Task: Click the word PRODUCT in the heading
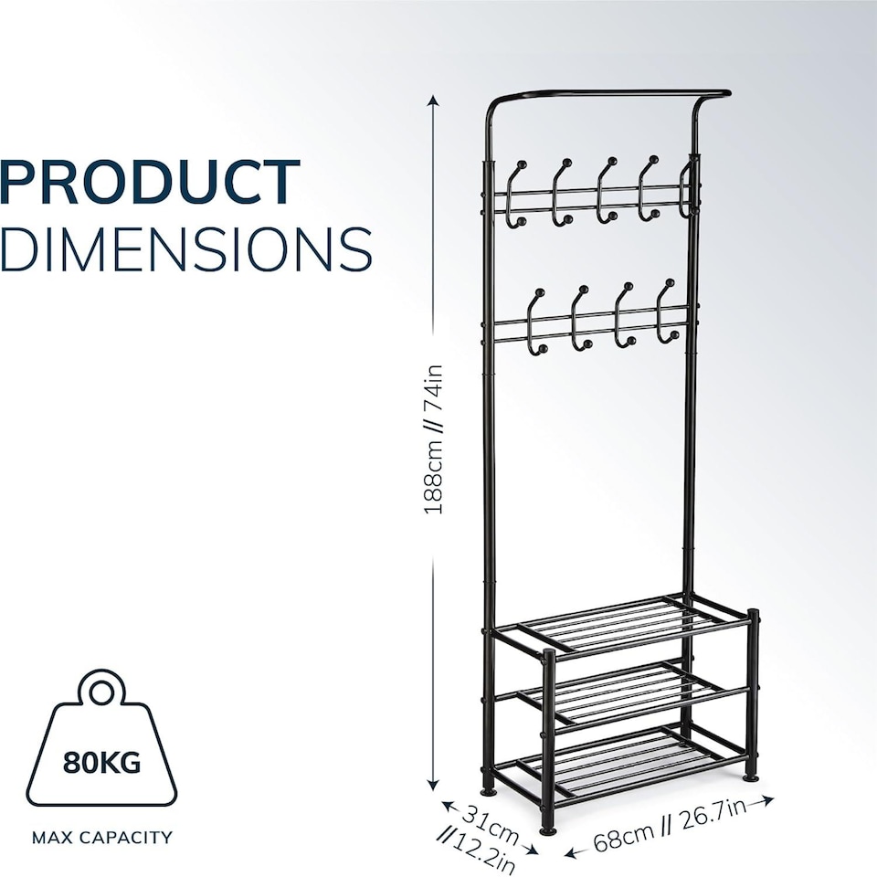[x=151, y=182]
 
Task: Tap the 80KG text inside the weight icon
[x=102, y=761]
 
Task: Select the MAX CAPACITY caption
[x=101, y=837]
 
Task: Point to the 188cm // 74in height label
[x=433, y=438]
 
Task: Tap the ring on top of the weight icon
[x=102, y=687]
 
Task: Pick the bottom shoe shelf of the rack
[x=630, y=760]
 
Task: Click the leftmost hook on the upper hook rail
[x=517, y=192]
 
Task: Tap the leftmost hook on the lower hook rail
[x=537, y=320]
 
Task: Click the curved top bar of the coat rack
[x=603, y=92]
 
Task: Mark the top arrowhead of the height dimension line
[x=433, y=99]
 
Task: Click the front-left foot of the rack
[x=547, y=828]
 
